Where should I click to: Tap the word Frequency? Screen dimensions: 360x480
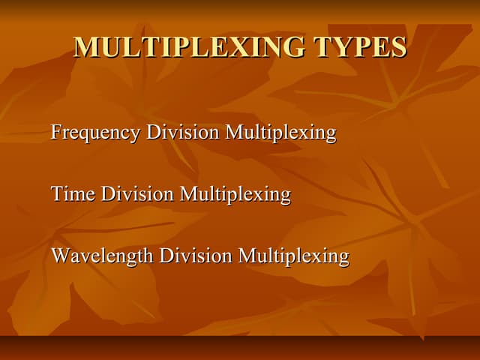[95, 133]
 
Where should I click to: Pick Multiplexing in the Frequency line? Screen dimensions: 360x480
[280, 133]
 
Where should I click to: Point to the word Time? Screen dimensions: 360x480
[73, 194]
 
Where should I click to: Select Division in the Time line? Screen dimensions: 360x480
[137, 194]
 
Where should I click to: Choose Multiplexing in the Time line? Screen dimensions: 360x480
[235, 195]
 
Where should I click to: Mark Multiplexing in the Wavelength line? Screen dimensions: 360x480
[293, 256]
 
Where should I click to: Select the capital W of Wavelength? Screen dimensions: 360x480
[61, 256]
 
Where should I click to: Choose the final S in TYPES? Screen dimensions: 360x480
[399, 47]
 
